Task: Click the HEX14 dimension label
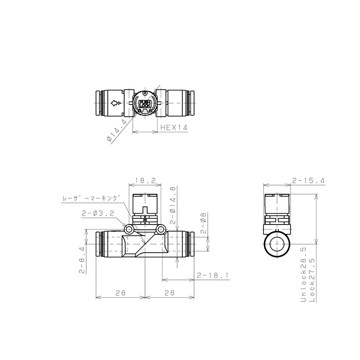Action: (174, 127)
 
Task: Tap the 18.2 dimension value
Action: (145, 180)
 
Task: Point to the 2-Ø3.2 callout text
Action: (98, 214)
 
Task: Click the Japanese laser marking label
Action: (91, 198)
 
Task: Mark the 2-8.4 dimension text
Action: (82, 260)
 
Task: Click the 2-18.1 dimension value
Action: (213, 275)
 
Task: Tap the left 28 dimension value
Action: (120, 292)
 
